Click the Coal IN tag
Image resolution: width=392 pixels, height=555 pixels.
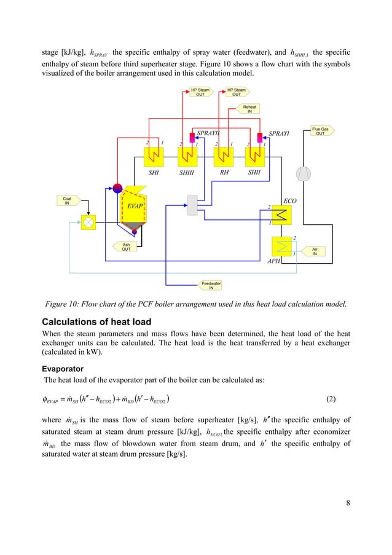(x=68, y=200)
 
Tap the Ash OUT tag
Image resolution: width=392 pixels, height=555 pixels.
(x=126, y=246)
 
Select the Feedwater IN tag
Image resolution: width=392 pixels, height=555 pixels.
(x=212, y=285)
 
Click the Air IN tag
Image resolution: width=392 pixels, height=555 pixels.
(x=315, y=251)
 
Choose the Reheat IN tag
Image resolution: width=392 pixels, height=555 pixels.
(x=250, y=109)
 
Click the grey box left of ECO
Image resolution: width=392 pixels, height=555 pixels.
(x=193, y=205)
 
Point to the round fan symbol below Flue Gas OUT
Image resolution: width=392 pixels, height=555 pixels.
(x=303, y=174)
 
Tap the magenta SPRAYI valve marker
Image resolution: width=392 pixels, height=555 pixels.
(x=261, y=136)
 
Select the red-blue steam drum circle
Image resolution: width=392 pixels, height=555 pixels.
(x=118, y=188)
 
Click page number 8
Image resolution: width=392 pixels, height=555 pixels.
(x=348, y=504)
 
